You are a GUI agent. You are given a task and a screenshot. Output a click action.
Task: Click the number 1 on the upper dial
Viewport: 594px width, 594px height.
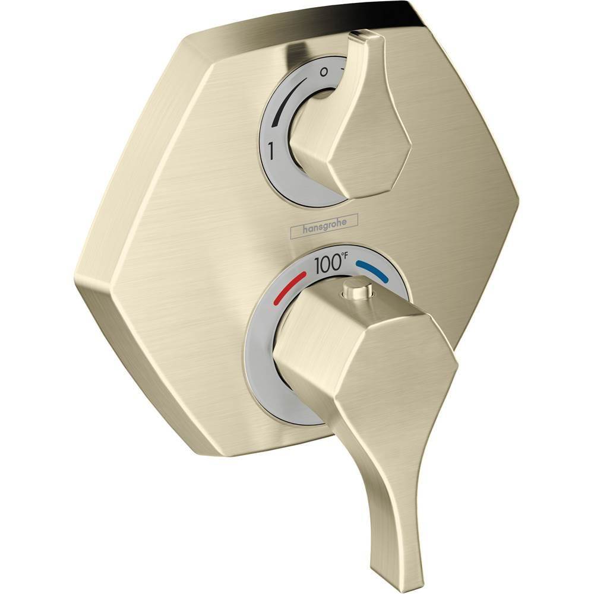[x=271, y=153]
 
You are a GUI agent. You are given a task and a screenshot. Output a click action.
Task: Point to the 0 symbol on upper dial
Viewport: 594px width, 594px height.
[x=323, y=72]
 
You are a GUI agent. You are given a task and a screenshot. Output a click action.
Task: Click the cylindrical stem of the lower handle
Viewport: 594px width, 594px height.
[x=309, y=350]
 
